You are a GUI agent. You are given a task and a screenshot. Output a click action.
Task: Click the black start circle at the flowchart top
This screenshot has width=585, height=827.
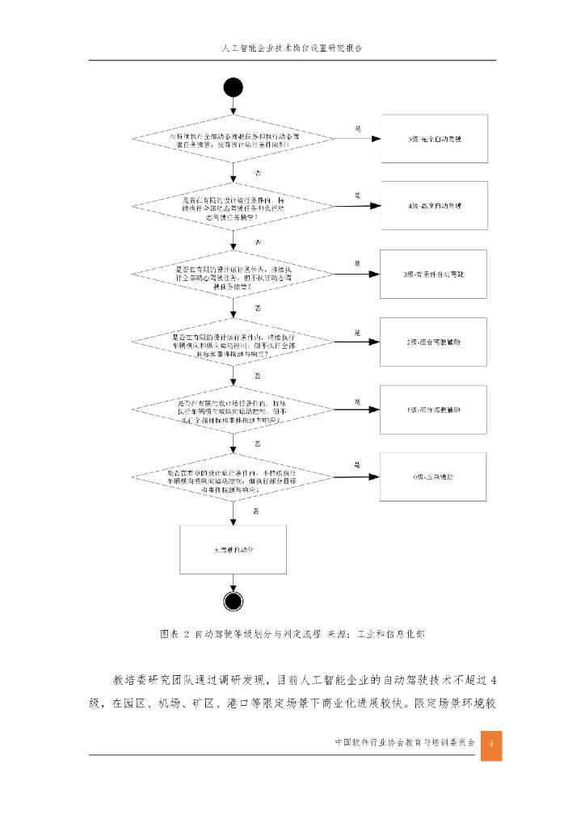(x=234, y=88)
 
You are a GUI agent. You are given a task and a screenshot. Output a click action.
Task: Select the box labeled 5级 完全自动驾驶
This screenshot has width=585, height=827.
(x=434, y=139)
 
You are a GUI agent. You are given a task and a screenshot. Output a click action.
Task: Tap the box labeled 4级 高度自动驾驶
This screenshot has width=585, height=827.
(x=434, y=206)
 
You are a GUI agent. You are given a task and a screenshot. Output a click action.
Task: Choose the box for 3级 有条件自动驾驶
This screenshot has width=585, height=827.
(x=434, y=275)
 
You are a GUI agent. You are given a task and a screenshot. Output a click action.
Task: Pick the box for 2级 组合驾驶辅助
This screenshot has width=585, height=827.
(x=434, y=342)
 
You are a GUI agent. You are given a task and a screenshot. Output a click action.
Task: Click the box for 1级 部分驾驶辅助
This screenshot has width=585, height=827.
(x=434, y=409)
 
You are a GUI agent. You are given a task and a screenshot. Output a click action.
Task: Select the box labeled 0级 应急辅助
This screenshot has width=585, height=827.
(x=434, y=477)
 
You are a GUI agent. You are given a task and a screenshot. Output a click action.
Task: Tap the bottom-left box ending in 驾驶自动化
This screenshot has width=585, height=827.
(x=233, y=549)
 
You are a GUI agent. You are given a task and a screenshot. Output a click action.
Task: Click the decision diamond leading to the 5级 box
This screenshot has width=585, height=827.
(x=233, y=139)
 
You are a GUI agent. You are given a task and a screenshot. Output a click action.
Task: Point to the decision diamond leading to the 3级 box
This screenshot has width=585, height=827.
(x=233, y=275)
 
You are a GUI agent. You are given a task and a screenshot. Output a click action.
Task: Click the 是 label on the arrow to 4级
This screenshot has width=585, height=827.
(x=356, y=195)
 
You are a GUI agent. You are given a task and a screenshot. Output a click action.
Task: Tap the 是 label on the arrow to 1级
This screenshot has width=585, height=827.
(x=356, y=401)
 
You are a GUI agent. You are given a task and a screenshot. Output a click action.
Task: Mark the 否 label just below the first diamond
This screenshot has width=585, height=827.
(x=258, y=174)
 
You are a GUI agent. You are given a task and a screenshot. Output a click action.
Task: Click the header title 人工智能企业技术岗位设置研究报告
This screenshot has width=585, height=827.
(x=292, y=48)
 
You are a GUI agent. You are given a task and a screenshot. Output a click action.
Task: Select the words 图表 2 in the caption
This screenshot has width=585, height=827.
(x=174, y=634)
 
